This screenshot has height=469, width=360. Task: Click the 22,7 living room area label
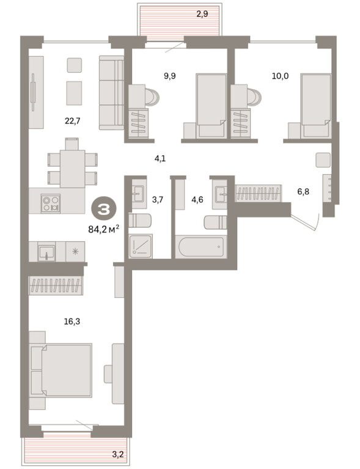(x=72, y=121)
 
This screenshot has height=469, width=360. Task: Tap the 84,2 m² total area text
(x=104, y=230)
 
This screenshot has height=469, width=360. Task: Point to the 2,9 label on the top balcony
(x=202, y=14)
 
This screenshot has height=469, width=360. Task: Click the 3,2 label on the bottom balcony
(x=117, y=455)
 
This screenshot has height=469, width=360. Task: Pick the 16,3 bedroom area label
(x=72, y=322)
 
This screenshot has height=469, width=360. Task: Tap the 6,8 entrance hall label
(x=303, y=192)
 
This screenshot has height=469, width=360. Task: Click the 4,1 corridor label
(x=160, y=159)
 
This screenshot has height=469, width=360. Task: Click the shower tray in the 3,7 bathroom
(x=141, y=246)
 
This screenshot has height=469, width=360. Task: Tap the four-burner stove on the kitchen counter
(x=51, y=203)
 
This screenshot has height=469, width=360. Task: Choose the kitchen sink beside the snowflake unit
(x=46, y=252)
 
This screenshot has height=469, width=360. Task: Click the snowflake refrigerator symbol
(x=75, y=252)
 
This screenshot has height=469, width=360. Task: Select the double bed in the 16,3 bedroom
(x=61, y=370)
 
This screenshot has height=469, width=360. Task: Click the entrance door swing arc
(x=317, y=222)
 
